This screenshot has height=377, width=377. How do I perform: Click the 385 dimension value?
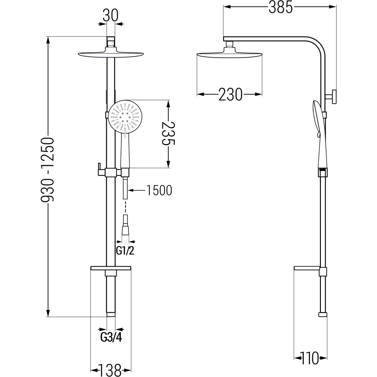[x=281, y=7]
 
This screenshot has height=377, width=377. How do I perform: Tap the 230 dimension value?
[x=230, y=95]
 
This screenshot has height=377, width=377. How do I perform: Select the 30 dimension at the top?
[x=110, y=16]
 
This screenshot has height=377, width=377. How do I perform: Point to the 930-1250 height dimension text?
[x=47, y=169]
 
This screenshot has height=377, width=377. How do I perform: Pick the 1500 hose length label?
[x=159, y=191]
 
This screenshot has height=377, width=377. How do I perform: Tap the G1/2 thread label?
[x=125, y=251]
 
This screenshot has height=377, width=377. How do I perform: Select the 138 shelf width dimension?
[x=110, y=370]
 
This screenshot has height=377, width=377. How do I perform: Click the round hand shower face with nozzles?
[x=125, y=117]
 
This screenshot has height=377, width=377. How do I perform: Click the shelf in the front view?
[x=111, y=268]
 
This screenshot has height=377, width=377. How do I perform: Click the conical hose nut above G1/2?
[x=125, y=230]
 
